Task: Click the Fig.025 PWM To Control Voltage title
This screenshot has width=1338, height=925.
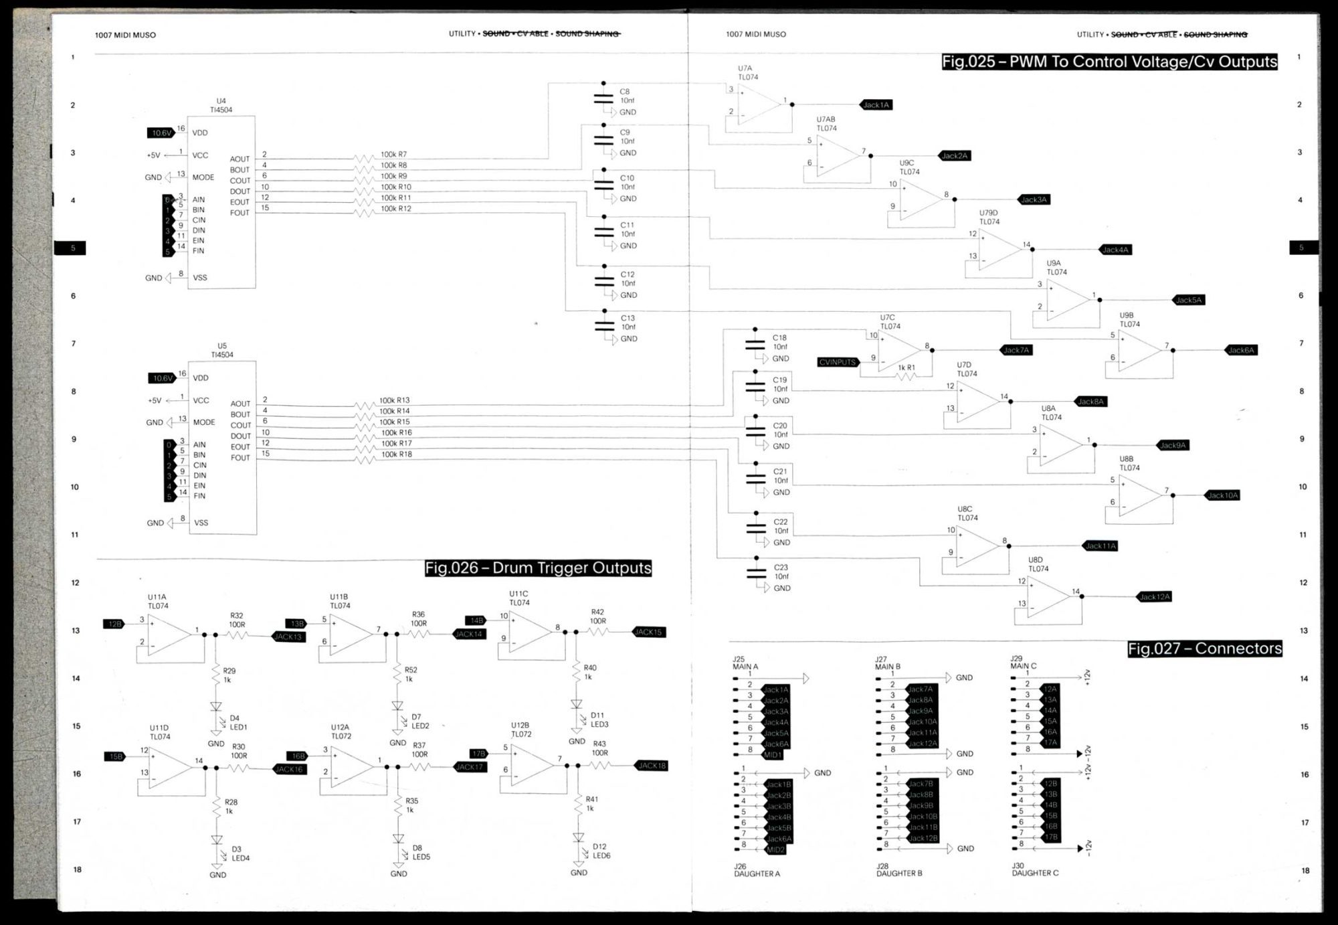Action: (x=1109, y=62)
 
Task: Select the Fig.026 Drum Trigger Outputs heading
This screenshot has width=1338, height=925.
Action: (x=538, y=568)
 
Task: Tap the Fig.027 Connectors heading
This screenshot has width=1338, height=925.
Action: (x=1204, y=648)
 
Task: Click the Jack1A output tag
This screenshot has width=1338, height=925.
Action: (x=876, y=105)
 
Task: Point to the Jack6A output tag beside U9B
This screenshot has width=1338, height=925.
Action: (x=1241, y=350)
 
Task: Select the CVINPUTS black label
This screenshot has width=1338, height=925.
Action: (x=837, y=362)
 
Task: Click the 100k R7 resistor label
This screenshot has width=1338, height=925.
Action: (x=393, y=155)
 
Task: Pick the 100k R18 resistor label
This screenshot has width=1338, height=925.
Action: (x=395, y=454)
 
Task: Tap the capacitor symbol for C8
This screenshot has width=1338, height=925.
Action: (x=603, y=98)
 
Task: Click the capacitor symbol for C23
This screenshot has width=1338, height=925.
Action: (x=756, y=574)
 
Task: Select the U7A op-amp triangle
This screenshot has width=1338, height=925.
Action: (x=759, y=104)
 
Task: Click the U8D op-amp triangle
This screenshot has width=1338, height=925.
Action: (x=1051, y=596)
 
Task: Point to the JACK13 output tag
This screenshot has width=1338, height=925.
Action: (x=288, y=637)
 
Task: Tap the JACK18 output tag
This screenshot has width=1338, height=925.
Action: (x=650, y=766)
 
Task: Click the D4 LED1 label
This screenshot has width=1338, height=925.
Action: (x=238, y=723)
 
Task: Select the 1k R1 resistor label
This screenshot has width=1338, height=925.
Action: (x=906, y=367)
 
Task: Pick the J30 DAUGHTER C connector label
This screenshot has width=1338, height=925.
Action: (x=1034, y=869)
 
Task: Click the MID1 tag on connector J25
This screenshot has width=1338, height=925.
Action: (x=773, y=755)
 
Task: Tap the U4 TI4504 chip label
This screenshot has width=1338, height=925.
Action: (x=221, y=106)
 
